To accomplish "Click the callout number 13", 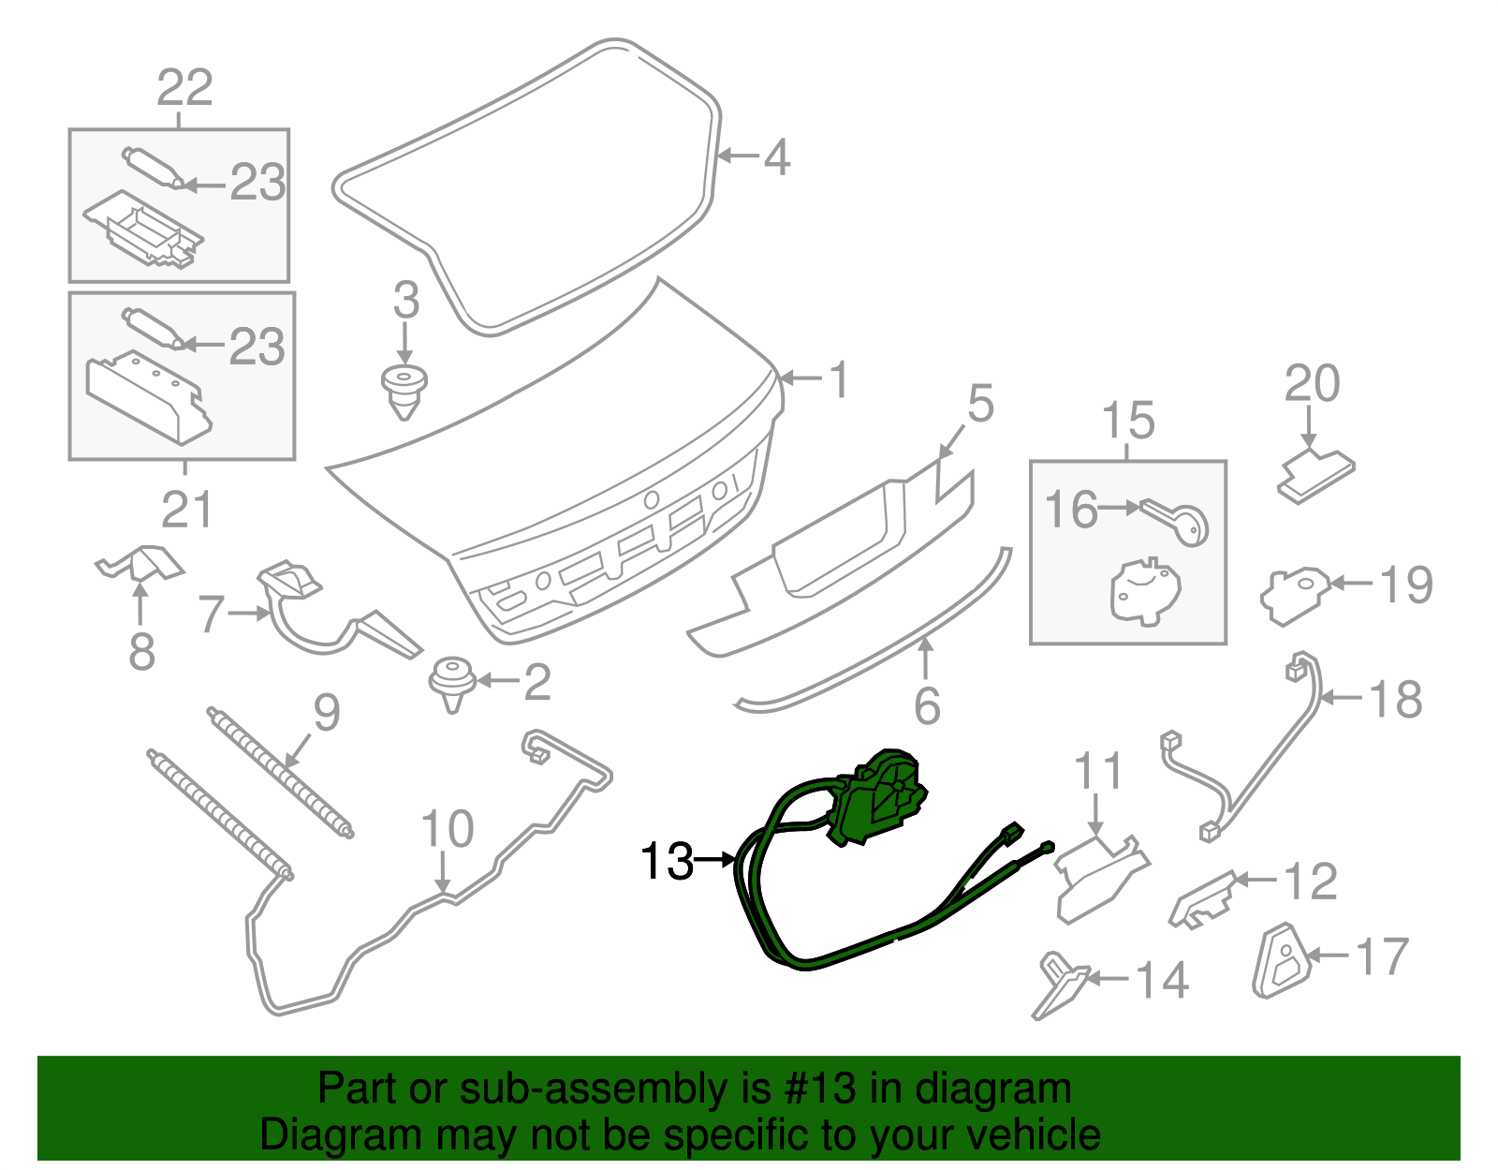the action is point(666,861).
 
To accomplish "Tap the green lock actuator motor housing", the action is point(880,796).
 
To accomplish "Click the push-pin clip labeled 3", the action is point(404,392).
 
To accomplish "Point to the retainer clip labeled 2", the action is point(452,683).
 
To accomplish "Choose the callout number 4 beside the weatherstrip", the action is point(777,158).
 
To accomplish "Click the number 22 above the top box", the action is point(184,87).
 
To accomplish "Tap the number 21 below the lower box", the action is point(186,511).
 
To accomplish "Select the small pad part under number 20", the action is point(1316,477).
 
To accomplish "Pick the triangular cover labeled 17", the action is point(1282,961).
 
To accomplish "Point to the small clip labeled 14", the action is point(1058,985).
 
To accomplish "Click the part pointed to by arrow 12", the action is point(1202,900).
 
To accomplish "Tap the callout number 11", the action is point(1098,771).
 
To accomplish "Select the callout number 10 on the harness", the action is point(447,828).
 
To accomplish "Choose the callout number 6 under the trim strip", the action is point(927,706).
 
